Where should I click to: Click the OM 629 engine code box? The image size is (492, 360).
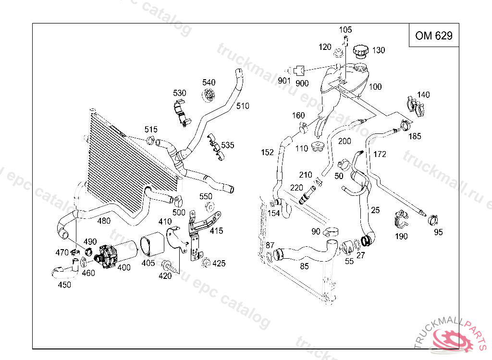(434, 36)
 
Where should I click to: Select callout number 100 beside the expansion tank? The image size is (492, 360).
(375, 87)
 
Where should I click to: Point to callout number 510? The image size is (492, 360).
(243, 106)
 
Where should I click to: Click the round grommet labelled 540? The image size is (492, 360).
(209, 95)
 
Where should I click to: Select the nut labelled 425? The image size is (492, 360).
(206, 263)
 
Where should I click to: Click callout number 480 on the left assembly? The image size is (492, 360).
(104, 221)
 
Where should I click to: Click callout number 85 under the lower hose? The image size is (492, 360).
(304, 266)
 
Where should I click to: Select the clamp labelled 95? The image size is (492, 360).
(434, 221)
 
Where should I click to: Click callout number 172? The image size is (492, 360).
(380, 154)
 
